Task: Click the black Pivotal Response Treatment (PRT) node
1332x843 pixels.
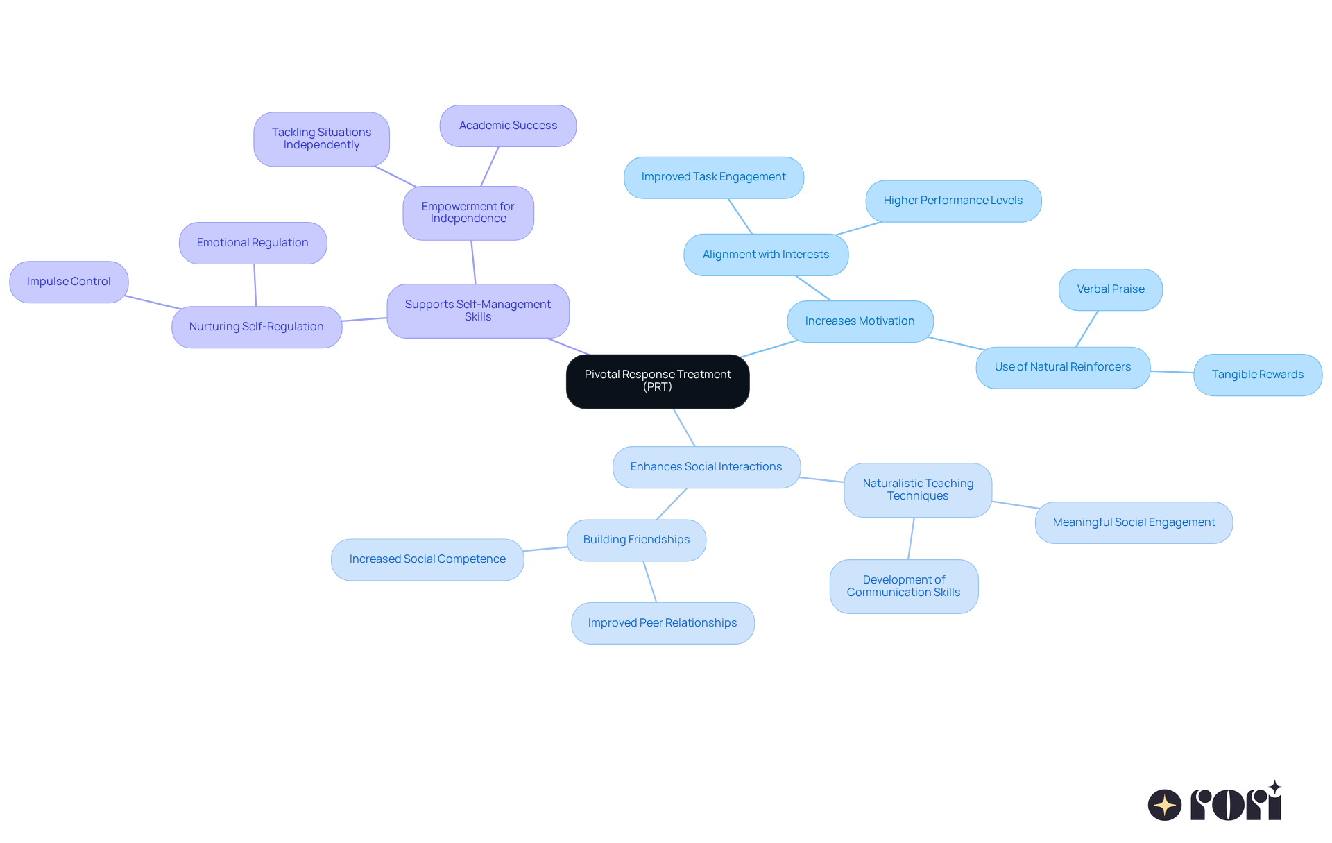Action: pyautogui.click(x=657, y=381)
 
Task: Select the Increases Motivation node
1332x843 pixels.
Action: pyautogui.click(x=860, y=321)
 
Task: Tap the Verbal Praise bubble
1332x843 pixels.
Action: pyautogui.click(x=1110, y=289)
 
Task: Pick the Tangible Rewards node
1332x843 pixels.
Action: pyautogui.click(x=1257, y=375)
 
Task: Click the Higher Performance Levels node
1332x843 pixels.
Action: pyautogui.click(x=953, y=201)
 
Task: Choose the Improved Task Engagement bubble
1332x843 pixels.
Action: pyautogui.click(x=713, y=177)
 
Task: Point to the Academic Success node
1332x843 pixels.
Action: pyautogui.click(x=508, y=126)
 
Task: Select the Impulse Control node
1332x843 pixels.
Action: pyautogui.click(x=69, y=282)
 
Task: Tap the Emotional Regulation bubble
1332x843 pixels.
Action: pyautogui.click(x=253, y=243)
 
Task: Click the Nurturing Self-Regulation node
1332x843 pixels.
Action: pyautogui.click(x=256, y=327)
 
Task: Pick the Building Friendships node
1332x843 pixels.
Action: pyautogui.click(x=636, y=540)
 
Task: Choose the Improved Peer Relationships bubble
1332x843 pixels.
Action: pyautogui.click(x=663, y=623)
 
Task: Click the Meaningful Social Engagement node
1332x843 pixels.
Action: pyautogui.click(x=1134, y=522)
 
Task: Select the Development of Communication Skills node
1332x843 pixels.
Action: pyautogui.click(x=903, y=586)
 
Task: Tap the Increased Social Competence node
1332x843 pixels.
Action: pyautogui.click(x=427, y=559)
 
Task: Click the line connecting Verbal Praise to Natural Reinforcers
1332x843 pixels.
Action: pyautogui.click(x=1087, y=329)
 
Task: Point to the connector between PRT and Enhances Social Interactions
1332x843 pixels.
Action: pyautogui.click(x=684, y=427)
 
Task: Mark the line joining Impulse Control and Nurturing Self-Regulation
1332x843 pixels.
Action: pyautogui.click(x=153, y=303)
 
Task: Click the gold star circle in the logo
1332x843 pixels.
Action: pyautogui.click(x=1164, y=805)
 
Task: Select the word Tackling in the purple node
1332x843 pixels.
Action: pyautogui.click(x=293, y=133)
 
